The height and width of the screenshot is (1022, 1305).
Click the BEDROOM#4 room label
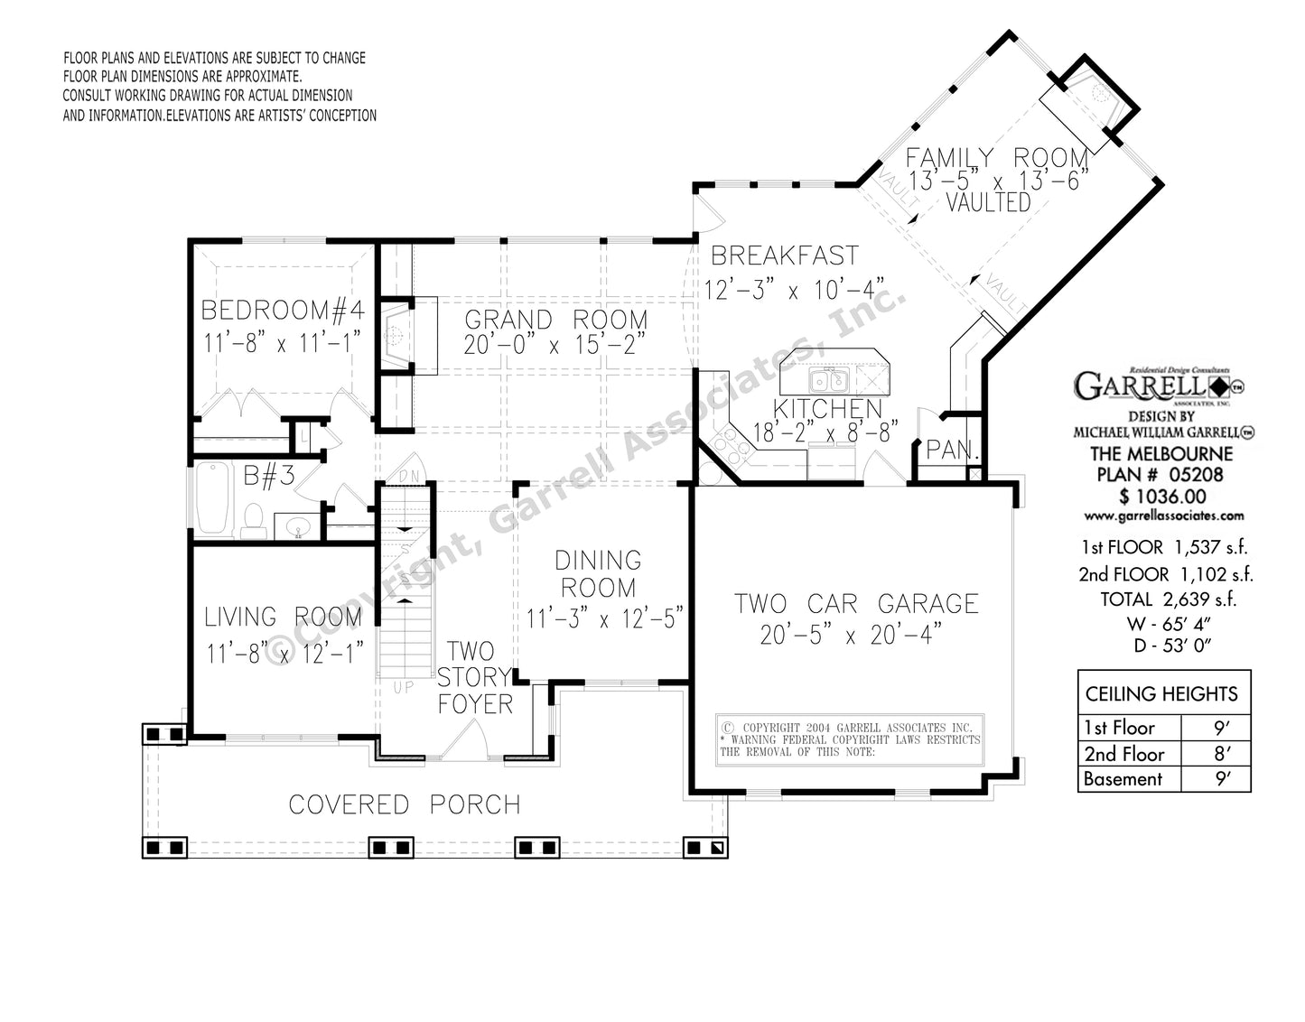tap(282, 311)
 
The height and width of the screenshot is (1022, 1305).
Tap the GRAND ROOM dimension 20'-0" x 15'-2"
tap(555, 347)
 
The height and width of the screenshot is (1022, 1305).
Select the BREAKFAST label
tap(784, 255)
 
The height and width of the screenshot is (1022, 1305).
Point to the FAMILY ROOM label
tap(997, 157)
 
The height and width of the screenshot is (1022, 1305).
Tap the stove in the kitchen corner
tap(727, 442)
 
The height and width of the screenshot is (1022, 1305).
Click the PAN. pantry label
tap(948, 451)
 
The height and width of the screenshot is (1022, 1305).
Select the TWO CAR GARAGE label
tap(856, 603)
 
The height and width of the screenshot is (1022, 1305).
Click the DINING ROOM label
tap(598, 574)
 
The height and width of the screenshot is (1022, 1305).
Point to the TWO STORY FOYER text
tap(475, 677)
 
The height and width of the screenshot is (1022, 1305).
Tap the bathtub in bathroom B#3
tap(214, 499)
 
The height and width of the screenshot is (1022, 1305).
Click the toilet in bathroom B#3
tap(253, 519)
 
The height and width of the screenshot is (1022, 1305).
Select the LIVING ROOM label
tap(282, 618)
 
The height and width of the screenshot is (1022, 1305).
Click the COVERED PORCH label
tap(404, 804)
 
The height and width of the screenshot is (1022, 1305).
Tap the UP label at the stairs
tap(403, 688)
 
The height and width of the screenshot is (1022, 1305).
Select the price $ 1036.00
tap(1162, 496)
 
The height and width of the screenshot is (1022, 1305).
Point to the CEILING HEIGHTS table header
tap(1161, 694)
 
